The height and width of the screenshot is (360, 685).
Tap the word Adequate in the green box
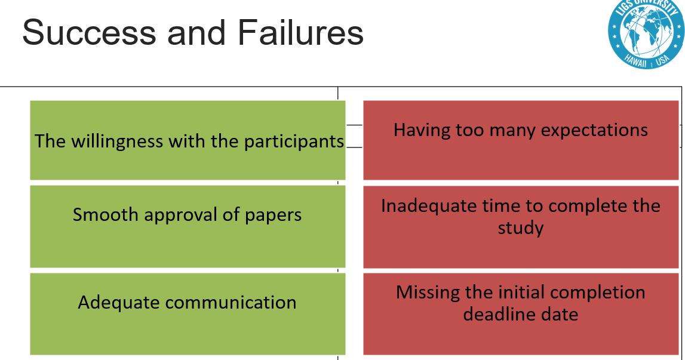click(119, 302)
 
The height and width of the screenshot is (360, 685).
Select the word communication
click(231, 302)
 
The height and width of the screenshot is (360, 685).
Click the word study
click(521, 227)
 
